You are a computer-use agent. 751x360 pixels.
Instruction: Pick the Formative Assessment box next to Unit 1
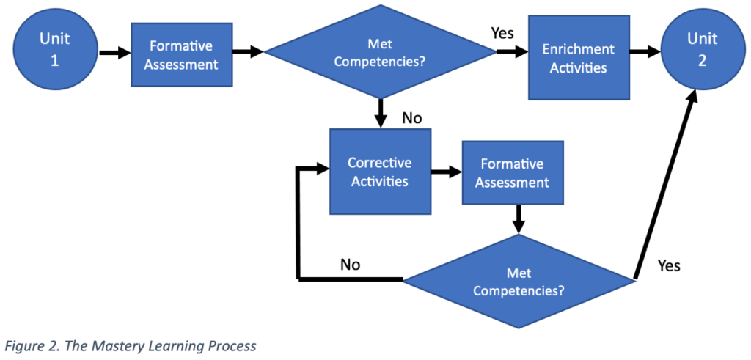coord(181,54)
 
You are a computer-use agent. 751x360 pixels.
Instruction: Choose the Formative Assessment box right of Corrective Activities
coord(512,172)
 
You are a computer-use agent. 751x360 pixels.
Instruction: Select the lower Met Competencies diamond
coord(519,280)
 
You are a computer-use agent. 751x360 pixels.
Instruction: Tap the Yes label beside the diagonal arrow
coord(668,265)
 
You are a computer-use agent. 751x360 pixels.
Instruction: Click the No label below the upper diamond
coord(412,117)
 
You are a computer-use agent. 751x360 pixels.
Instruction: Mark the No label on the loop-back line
coord(350,265)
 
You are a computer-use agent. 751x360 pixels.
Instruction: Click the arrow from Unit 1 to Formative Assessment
coord(114,53)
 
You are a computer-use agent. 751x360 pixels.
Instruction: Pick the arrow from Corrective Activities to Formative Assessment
coord(445,173)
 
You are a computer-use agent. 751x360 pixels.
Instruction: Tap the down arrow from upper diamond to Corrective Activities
coord(380,114)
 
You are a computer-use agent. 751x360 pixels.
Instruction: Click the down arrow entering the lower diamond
coord(519,218)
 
